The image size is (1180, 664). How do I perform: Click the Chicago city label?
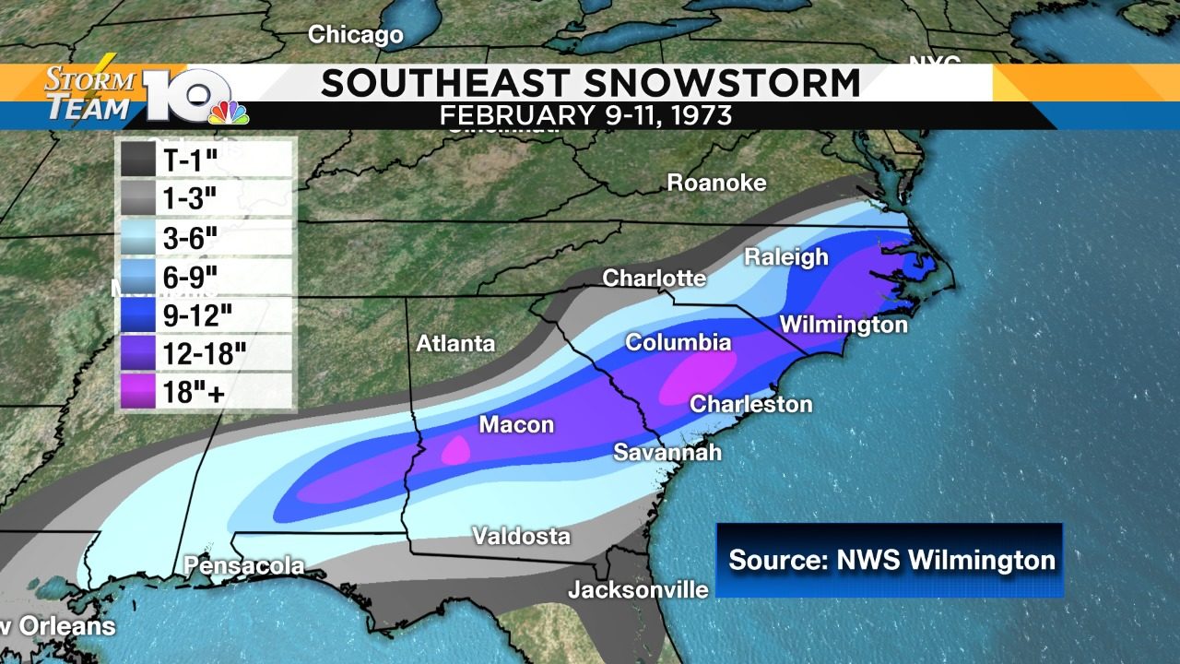click(x=355, y=35)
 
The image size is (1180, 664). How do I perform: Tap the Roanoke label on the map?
click(x=716, y=183)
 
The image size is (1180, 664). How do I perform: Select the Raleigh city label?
click(x=786, y=256)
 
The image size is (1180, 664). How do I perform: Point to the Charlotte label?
click(x=654, y=278)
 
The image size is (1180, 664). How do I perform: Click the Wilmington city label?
click(x=843, y=325)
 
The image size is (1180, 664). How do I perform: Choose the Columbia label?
click(x=678, y=343)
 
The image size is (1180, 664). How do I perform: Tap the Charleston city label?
click(x=750, y=404)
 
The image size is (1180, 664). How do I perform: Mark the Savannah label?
click(x=667, y=453)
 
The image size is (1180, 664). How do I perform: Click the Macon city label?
click(x=515, y=425)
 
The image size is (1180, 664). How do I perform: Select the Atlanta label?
click(x=455, y=344)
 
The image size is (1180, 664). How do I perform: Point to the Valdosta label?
click(x=521, y=536)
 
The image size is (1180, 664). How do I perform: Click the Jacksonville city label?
click(x=638, y=589)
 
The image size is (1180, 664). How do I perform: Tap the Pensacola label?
click(x=243, y=565)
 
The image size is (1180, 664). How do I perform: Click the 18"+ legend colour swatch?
click(x=137, y=392)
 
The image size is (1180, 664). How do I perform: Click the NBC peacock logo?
click(x=228, y=111)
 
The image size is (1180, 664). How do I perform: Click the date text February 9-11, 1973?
click(x=585, y=116)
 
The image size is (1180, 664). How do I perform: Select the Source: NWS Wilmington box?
click(x=890, y=560)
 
